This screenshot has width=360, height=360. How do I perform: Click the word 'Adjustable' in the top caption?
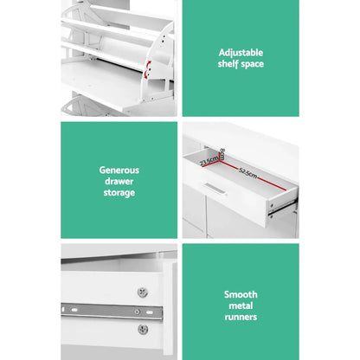(x=241, y=52)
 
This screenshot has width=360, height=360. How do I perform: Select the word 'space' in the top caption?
(x=252, y=64)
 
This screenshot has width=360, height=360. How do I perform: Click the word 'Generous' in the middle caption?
(x=119, y=170)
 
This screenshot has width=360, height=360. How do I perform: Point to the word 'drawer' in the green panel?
(x=119, y=181)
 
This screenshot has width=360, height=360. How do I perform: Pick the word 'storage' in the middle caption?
(x=119, y=192)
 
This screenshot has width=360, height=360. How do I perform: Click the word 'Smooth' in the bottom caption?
(x=241, y=294)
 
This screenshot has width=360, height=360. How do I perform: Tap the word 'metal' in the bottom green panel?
(x=241, y=305)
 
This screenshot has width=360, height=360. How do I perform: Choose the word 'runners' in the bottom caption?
(x=241, y=317)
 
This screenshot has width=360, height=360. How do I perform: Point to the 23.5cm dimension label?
(x=207, y=160)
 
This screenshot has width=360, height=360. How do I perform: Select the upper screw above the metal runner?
(x=142, y=292)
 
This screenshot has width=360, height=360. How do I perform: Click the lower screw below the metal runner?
(x=142, y=329)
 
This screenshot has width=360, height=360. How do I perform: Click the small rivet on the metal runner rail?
(x=136, y=310)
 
